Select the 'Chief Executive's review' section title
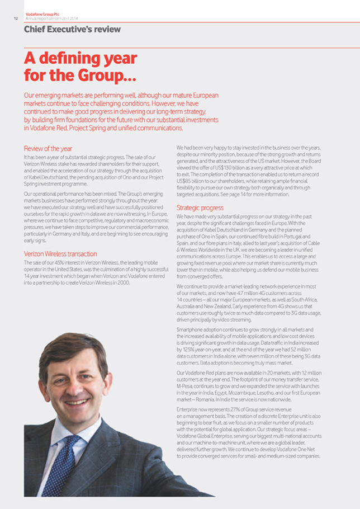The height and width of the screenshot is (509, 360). [72, 29]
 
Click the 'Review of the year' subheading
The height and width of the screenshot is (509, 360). [48, 148]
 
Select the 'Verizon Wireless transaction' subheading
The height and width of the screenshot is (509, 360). [60, 253]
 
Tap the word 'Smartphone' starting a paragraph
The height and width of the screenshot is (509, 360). [190, 330]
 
